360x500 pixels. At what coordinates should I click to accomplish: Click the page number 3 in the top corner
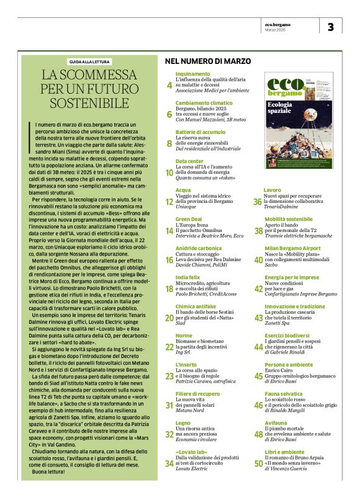[x=330, y=27]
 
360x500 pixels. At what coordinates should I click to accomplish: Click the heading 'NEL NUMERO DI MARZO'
[x=207, y=61]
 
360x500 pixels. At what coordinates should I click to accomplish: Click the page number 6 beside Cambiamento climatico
[x=169, y=114]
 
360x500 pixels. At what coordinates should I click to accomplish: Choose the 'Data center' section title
[x=189, y=161]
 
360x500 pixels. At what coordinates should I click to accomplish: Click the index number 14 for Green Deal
[x=169, y=231]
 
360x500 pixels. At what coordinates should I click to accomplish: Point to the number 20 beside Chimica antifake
[x=169, y=318]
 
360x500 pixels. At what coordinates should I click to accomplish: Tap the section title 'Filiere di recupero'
[x=197, y=394]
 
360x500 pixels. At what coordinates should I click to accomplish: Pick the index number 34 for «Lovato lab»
[x=169, y=463]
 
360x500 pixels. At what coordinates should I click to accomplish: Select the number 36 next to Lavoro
[x=257, y=202]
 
